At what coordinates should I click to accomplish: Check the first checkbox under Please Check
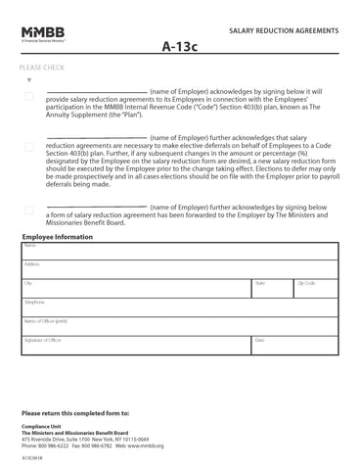tap(29, 95)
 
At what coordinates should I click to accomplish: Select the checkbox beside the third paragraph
tap(29, 211)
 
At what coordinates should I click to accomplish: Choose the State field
tap(272, 289)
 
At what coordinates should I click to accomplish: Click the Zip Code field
tap(315, 289)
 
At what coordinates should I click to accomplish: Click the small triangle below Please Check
tap(30, 80)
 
